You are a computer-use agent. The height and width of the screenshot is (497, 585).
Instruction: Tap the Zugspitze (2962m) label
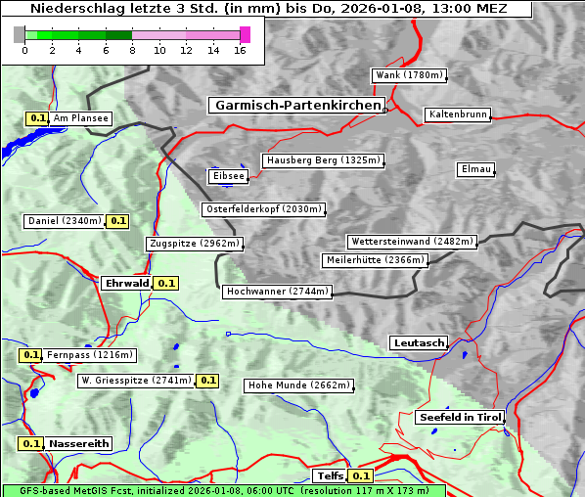194,244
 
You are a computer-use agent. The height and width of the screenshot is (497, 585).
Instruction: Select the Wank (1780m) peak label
409,75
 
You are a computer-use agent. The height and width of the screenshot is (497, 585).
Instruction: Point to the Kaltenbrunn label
457,114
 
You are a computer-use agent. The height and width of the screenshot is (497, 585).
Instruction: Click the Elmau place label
475,169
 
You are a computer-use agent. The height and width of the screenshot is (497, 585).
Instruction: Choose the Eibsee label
227,176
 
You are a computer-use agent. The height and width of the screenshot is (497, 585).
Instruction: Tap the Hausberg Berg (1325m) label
322,160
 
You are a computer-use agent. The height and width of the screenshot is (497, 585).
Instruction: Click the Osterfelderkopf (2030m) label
263,209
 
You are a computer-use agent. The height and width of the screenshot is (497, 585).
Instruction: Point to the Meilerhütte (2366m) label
375,260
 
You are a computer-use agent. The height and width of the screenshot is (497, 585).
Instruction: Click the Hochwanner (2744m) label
277,292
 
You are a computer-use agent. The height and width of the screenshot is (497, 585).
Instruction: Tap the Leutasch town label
419,343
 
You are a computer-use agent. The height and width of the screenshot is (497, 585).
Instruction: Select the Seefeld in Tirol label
459,417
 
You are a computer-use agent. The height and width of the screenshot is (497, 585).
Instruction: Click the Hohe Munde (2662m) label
298,385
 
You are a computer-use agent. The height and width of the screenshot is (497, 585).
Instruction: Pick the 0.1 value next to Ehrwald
166,284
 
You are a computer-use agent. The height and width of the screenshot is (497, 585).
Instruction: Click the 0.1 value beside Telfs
361,476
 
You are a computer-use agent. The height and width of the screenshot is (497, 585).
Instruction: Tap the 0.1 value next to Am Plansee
37,118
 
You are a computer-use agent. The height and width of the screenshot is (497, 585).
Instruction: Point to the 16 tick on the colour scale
240,50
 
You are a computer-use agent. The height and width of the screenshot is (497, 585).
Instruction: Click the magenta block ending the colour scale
245,34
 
